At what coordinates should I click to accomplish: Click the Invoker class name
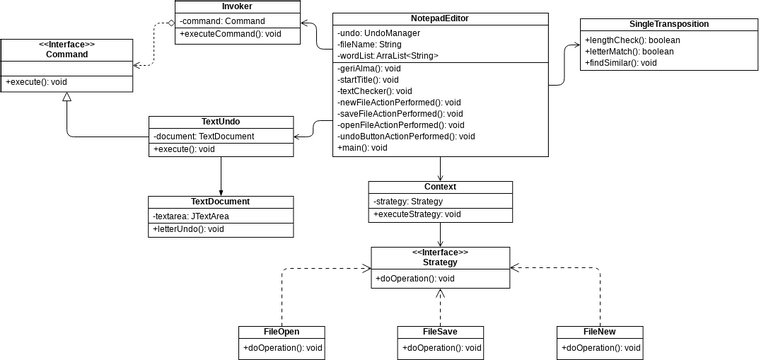pos(237,7)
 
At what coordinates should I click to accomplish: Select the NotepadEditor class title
pos(440,19)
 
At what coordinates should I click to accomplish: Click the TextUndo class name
pos(221,122)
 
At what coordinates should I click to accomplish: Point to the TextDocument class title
pos(221,202)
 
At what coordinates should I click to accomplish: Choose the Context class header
pos(440,186)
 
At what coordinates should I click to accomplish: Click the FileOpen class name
pos(281,331)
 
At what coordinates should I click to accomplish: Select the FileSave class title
pos(440,331)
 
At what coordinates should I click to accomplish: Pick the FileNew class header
pos(600,331)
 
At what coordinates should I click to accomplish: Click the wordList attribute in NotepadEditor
pos(388,56)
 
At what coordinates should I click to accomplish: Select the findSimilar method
pos(621,63)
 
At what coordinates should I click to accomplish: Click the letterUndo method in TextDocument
pos(188,229)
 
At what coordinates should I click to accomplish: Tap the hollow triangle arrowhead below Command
pos(66,97)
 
